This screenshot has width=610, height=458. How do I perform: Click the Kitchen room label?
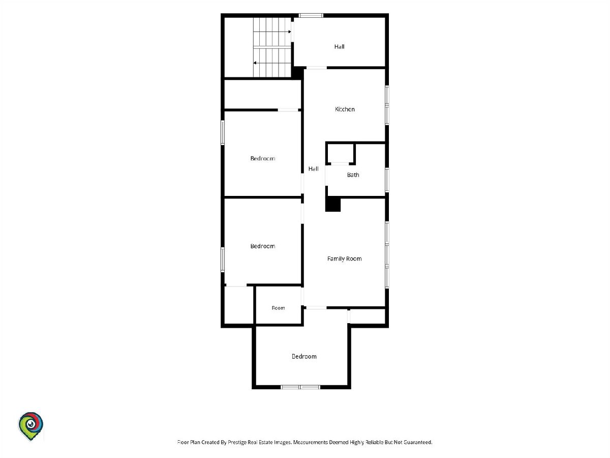(345, 109)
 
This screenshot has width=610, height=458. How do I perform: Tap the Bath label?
(353, 175)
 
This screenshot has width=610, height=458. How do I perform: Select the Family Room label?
(344, 259)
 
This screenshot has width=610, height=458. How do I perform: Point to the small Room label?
(278, 308)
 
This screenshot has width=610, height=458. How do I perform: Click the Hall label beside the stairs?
(340, 47)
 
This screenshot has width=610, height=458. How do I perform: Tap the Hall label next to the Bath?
(314, 169)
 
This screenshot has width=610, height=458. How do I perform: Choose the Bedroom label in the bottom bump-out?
(304, 357)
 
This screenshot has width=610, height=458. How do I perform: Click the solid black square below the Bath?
(333, 205)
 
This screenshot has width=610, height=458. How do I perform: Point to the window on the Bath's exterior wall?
(387, 180)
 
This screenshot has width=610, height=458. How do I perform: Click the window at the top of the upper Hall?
(311, 15)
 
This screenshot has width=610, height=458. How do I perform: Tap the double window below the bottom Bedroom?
(300, 387)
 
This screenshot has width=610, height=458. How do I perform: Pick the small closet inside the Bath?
(341, 153)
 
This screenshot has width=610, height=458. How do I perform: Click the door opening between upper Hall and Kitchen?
(317, 68)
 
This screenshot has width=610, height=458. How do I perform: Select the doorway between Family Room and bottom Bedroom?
(316, 307)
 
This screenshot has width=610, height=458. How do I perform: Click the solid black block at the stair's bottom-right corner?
(297, 73)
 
